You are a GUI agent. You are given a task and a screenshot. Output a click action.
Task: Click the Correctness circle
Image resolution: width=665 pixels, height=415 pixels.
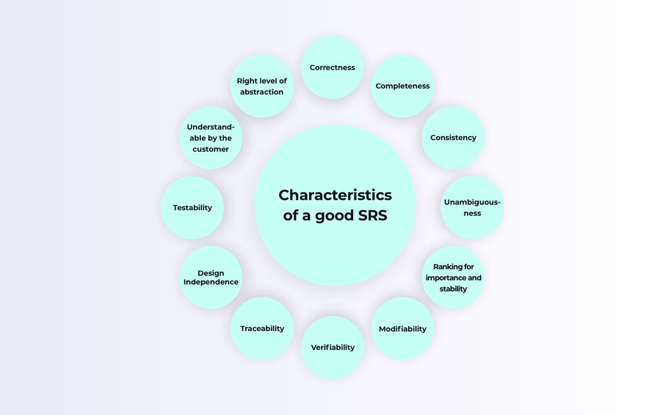[x=332, y=67]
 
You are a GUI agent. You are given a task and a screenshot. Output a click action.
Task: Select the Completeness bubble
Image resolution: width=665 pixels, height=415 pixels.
[x=402, y=86]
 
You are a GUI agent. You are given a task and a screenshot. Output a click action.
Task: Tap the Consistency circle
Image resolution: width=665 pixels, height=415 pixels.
[x=453, y=137]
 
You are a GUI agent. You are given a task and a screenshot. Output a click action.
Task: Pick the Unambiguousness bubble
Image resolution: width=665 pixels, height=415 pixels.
[x=472, y=207]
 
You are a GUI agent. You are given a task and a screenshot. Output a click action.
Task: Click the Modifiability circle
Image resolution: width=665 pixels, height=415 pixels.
[x=402, y=329]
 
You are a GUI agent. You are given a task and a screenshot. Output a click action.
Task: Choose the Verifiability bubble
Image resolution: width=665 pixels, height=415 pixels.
[x=332, y=347]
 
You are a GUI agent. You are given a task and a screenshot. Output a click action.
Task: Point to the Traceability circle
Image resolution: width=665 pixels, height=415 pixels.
[x=262, y=328]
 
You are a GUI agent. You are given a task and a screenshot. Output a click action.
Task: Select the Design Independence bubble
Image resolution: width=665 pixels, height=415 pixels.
[x=211, y=277]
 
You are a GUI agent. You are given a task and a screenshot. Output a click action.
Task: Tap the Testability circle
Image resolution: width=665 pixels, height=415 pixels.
[x=192, y=207]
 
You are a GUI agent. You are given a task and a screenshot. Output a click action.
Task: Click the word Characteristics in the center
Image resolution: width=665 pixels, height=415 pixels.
[x=335, y=195]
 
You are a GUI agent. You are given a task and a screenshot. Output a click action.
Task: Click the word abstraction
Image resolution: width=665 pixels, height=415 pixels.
[x=262, y=92]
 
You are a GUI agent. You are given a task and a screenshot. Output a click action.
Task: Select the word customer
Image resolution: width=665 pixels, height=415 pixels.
[x=211, y=149]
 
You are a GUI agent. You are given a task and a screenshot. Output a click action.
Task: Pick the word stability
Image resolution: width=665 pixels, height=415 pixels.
[x=453, y=289]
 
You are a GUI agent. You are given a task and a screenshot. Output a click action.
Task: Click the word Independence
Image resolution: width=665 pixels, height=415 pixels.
[x=211, y=282]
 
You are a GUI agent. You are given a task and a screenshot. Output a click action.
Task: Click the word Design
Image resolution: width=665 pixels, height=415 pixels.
[x=211, y=273]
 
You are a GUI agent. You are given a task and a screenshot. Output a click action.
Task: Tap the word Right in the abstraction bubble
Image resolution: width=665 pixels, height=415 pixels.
[x=247, y=81]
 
